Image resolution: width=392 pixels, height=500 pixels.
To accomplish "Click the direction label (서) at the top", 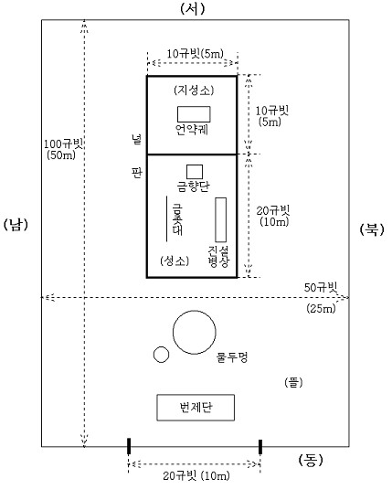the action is click(192, 8).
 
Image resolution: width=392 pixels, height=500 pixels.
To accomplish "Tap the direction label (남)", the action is click(16, 225).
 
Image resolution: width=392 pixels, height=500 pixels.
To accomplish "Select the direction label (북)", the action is click(372, 229).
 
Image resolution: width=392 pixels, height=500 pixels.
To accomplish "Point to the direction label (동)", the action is click(311, 460).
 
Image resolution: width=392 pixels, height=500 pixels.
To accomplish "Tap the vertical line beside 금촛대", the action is click(166, 218).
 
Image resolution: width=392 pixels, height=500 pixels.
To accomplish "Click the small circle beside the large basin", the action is click(161, 347).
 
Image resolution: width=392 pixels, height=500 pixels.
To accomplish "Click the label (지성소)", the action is click(194, 90).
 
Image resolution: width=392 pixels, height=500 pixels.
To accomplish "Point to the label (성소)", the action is click(175, 261).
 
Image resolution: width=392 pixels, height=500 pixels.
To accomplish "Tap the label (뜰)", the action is click(293, 382).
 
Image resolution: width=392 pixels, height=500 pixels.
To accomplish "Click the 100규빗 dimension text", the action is click(63, 144).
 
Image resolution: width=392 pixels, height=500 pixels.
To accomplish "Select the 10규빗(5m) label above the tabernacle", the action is click(195, 54).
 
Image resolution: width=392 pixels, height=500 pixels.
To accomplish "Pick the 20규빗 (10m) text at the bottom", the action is click(196, 476).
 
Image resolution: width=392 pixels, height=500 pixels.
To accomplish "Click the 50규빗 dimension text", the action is click(321, 287).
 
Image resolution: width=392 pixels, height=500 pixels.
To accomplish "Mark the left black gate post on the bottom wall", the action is click(129, 446).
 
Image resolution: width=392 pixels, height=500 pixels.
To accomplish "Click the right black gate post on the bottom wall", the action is click(260, 446).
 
